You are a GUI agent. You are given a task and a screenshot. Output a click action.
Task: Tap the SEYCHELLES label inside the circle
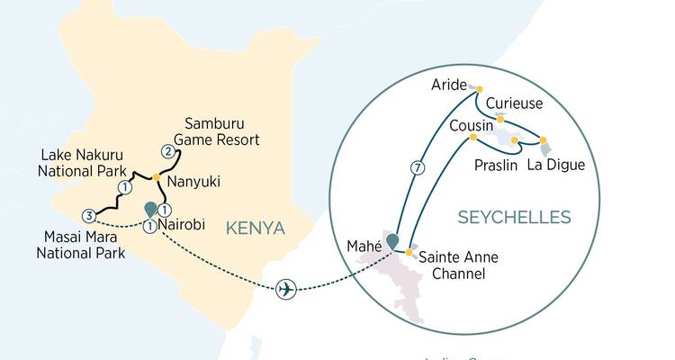(x=515, y=218)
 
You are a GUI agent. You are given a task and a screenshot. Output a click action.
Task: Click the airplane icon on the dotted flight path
(x=285, y=289)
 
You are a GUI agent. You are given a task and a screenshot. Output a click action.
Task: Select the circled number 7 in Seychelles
(x=416, y=167)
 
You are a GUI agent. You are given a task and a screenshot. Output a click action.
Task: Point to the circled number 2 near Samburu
(x=167, y=150)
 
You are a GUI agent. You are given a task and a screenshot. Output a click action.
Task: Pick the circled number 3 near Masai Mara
(x=88, y=215)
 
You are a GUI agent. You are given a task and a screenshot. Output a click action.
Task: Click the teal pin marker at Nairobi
(x=149, y=210)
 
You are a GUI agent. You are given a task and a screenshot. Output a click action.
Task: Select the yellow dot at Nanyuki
(x=156, y=175)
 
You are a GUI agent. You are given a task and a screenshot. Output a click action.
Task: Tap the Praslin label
(x=495, y=165)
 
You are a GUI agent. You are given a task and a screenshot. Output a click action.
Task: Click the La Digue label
(x=555, y=165)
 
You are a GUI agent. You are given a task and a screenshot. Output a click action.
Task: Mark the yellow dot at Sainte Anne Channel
(x=409, y=253)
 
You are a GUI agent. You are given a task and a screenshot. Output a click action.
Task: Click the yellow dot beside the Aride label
(x=479, y=88)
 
